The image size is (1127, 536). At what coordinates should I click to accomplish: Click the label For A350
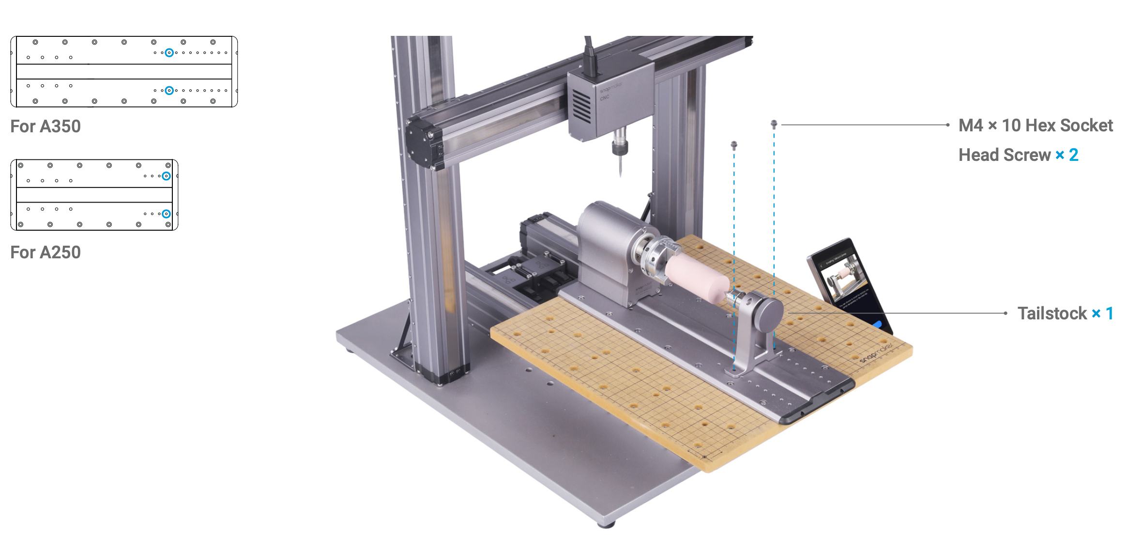point(46,126)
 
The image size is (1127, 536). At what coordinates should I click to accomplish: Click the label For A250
point(46,252)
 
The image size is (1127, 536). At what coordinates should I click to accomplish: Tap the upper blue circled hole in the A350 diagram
point(169,52)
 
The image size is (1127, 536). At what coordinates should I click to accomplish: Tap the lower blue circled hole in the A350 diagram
point(169,91)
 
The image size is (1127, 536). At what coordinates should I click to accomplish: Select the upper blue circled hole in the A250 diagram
point(166,176)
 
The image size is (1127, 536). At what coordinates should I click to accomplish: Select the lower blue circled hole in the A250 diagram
point(166,214)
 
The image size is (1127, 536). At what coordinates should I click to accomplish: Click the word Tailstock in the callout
point(1052,314)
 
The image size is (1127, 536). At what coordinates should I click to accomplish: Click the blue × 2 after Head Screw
point(1067,155)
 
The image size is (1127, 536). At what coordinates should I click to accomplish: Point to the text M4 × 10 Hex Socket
point(1036,126)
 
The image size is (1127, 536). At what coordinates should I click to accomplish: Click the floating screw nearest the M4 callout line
point(774,125)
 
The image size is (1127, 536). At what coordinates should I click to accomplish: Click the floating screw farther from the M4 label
point(734,144)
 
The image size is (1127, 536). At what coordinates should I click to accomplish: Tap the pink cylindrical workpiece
point(697,276)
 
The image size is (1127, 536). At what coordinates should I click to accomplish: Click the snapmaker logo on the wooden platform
point(876,353)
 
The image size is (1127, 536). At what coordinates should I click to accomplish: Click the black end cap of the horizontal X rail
point(422,143)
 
